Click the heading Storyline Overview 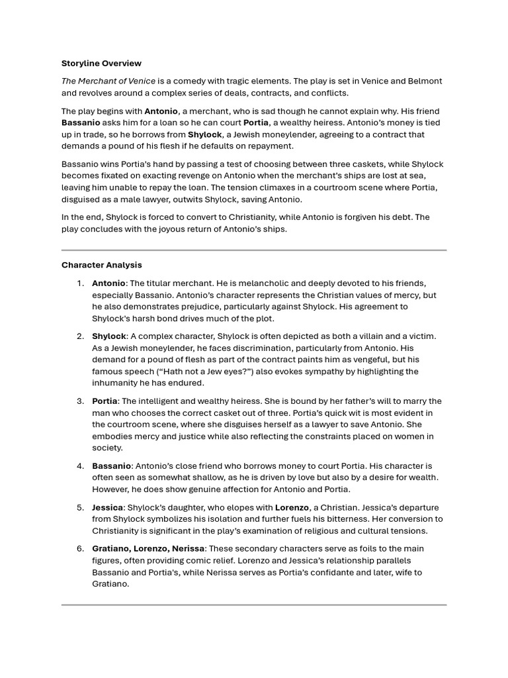[101, 64]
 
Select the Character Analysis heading [101, 265]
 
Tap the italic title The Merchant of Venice [108, 81]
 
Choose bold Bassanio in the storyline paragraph [81, 122]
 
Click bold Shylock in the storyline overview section [204, 134]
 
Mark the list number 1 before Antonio [80, 283]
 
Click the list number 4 [80, 466]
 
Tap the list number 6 [80, 548]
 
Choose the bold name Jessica [107, 507]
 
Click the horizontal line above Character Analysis [254, 250]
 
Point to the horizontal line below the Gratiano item [254, 605]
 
